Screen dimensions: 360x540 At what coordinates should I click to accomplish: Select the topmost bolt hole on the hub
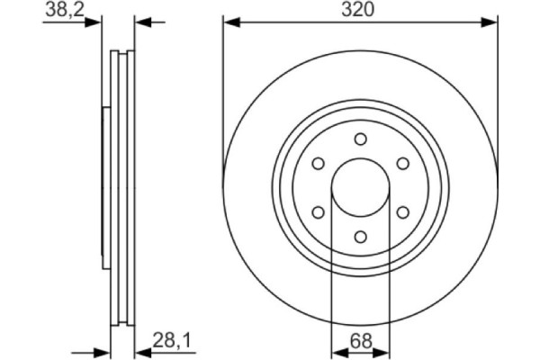[x=360, y=139]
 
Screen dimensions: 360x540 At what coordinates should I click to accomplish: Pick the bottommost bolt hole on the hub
[x=360, y=237]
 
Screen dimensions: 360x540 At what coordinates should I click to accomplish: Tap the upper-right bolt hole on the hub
[x=402, y=163]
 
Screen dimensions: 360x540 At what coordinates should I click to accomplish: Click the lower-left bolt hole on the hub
[x=318, y=212]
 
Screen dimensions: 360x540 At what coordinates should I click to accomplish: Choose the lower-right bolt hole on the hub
[x=402, y=212]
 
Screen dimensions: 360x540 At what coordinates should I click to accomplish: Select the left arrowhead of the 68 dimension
[x=337, y=351]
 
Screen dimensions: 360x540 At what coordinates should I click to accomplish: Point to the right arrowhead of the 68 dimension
[x=383, y=351]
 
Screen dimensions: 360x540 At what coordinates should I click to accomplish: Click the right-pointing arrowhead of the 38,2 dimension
[x=94, y=22]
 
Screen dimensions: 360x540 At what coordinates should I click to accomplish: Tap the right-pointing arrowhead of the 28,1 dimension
[x=103, y=351]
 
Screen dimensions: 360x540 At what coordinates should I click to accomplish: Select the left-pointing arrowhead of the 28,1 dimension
[x=142, y=351]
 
